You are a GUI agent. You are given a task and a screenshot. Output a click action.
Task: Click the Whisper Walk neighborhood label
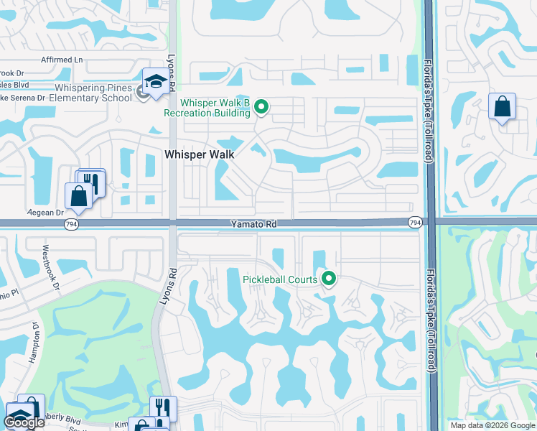[x=200, y=154]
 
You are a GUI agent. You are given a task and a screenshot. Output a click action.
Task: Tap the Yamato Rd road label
[x=253, y=225]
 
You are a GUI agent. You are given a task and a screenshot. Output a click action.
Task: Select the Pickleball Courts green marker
[x=330, y=278]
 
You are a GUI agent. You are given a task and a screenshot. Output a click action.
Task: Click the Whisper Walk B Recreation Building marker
[x=261, y=108]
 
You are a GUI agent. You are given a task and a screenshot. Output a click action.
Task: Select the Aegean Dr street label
[x=45, y=213]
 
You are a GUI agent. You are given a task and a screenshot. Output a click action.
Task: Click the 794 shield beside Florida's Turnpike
[x=414, y=224]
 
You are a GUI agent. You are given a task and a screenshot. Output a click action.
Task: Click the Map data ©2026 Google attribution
[x=492, y=425]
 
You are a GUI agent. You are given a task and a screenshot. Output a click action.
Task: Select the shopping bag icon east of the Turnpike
[x=502, y=107]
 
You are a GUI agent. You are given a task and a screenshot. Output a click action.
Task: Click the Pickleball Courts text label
[x=280, y=278]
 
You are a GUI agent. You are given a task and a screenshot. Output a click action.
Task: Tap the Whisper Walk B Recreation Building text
[x=207, y=108]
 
